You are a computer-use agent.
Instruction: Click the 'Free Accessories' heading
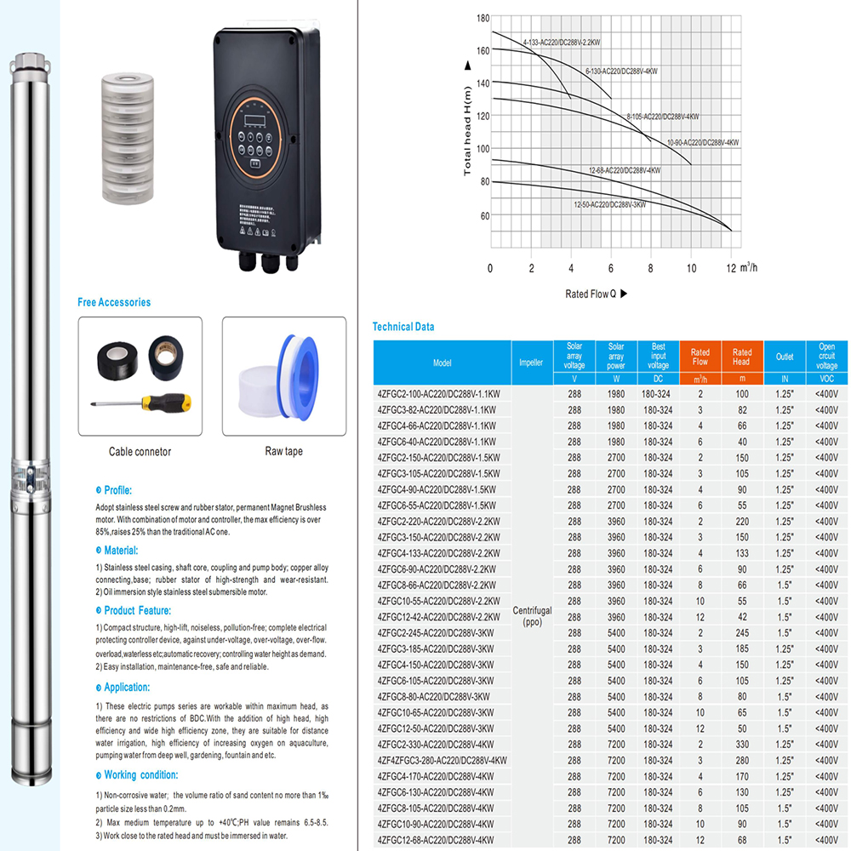114,302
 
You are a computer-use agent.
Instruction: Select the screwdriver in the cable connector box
141,403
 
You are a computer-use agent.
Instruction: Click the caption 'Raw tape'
283,451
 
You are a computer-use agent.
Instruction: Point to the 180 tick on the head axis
483,18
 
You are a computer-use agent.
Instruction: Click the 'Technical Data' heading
403,327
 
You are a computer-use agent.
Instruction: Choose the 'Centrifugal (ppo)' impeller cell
532,616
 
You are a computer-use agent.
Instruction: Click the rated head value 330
742,744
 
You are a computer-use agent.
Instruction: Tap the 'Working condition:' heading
140,775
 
